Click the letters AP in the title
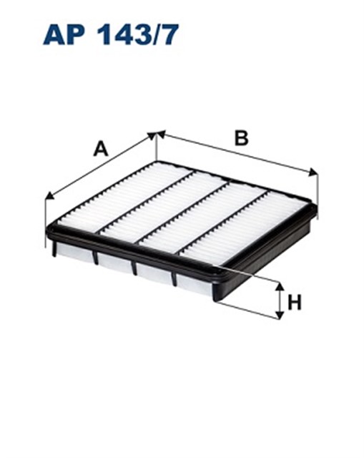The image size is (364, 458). [64, 35]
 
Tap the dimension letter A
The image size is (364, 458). [101, 149]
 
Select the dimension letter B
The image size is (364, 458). [242, 138]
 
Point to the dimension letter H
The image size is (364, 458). [294, 303]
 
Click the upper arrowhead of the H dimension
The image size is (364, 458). [280, 287]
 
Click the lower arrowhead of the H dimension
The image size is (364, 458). [280, 315]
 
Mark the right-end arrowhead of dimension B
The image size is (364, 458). [313, 172]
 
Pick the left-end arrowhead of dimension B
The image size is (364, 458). [161, 134]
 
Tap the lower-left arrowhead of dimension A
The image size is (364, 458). [50, 195]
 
